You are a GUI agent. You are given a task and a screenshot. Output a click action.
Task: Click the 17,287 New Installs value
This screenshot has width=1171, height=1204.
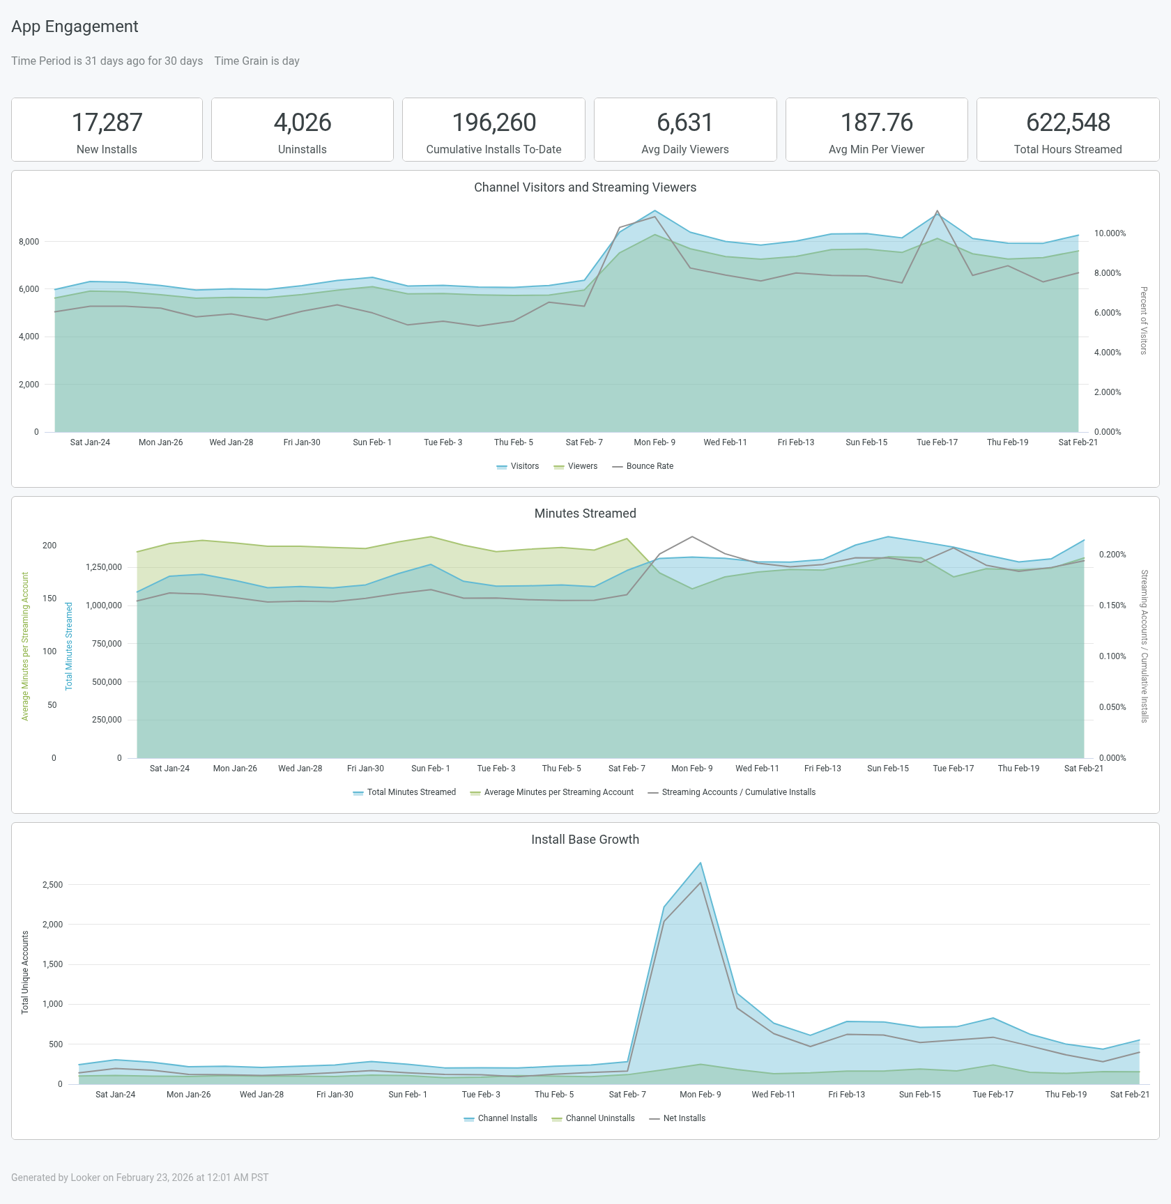[x=107, y=123]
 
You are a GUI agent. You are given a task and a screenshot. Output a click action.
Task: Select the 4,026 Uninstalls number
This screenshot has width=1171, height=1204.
[x=302, y=123]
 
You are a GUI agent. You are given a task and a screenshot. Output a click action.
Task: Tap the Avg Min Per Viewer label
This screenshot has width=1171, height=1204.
[x=876, y=150]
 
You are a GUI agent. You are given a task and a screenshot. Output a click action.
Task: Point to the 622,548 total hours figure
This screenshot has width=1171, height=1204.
[x=1067, y=123]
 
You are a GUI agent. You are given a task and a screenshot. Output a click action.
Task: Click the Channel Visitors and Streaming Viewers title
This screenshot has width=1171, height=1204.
[x=585, y=187]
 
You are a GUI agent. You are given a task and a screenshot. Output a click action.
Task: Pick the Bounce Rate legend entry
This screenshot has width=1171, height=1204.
[x=649, y=466]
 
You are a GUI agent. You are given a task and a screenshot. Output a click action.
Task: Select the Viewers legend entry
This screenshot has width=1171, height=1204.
[x=582, y=466]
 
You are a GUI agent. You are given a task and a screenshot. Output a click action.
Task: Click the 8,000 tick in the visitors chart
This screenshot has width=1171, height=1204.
[x=29, y=242]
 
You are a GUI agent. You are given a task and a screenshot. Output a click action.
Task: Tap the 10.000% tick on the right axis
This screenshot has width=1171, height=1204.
[x=1110, y=233]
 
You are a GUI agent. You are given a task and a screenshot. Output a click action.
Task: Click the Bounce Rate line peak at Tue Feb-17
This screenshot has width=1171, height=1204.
[x=937, y=210]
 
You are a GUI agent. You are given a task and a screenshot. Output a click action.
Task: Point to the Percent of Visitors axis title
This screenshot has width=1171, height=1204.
[x=1143, y=321]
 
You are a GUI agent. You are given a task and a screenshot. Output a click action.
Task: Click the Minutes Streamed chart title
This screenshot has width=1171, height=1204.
[x=585, y=514]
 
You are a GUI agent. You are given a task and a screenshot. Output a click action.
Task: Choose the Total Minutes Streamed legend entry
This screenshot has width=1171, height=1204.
[x=411, y=792]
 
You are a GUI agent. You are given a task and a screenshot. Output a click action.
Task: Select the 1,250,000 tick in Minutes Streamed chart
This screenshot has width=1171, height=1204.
[x=104, y=567]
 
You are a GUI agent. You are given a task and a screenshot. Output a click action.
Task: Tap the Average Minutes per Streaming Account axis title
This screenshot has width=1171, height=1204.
[x=25, y=646]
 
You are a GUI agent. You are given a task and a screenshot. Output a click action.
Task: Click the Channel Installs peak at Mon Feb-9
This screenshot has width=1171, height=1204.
[x=700, y=863]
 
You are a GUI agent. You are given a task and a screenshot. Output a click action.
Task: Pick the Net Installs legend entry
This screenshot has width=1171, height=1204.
[x=684, y=1118]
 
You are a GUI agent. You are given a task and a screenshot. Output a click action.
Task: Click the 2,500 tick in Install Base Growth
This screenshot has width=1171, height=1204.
[x=52, y=885]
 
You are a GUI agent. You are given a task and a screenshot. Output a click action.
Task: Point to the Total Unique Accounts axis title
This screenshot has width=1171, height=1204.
[x=25, y=972]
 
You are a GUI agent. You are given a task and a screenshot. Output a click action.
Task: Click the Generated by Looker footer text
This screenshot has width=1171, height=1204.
[x=139, y=1178]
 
